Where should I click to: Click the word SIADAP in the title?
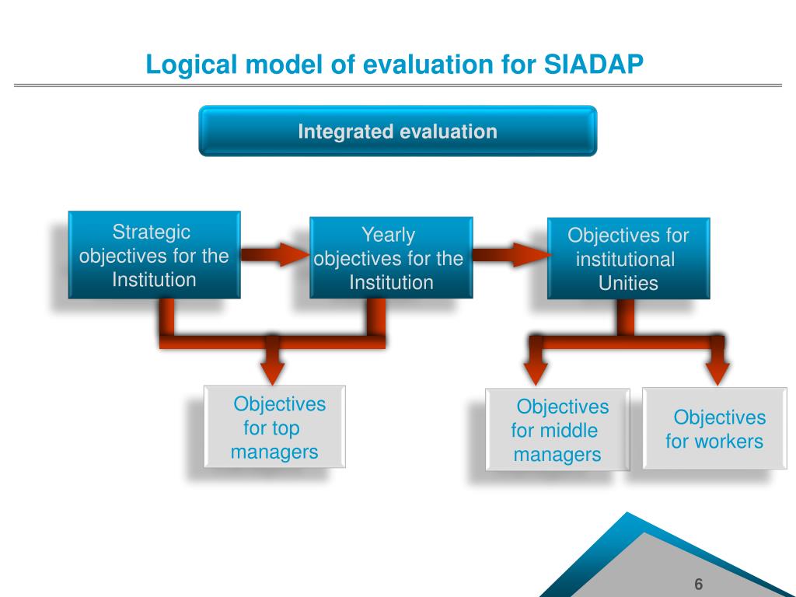593,64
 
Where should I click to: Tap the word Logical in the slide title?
191,65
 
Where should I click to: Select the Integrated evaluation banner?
397,131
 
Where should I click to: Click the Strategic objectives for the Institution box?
155,255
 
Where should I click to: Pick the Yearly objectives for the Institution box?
391,257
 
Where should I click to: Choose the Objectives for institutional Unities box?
628,258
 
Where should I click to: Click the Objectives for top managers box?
274,427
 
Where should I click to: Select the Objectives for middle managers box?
557,429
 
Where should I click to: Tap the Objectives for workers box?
715,428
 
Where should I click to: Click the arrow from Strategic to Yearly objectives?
274,254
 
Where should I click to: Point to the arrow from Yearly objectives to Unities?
511,254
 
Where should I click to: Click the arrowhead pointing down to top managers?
273,374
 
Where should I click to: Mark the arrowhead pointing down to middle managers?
535,374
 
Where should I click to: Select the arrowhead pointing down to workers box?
717,374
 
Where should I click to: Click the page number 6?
699,585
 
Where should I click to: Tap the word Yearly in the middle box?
389,235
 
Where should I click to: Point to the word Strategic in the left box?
152,232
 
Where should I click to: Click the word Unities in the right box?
628,283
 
